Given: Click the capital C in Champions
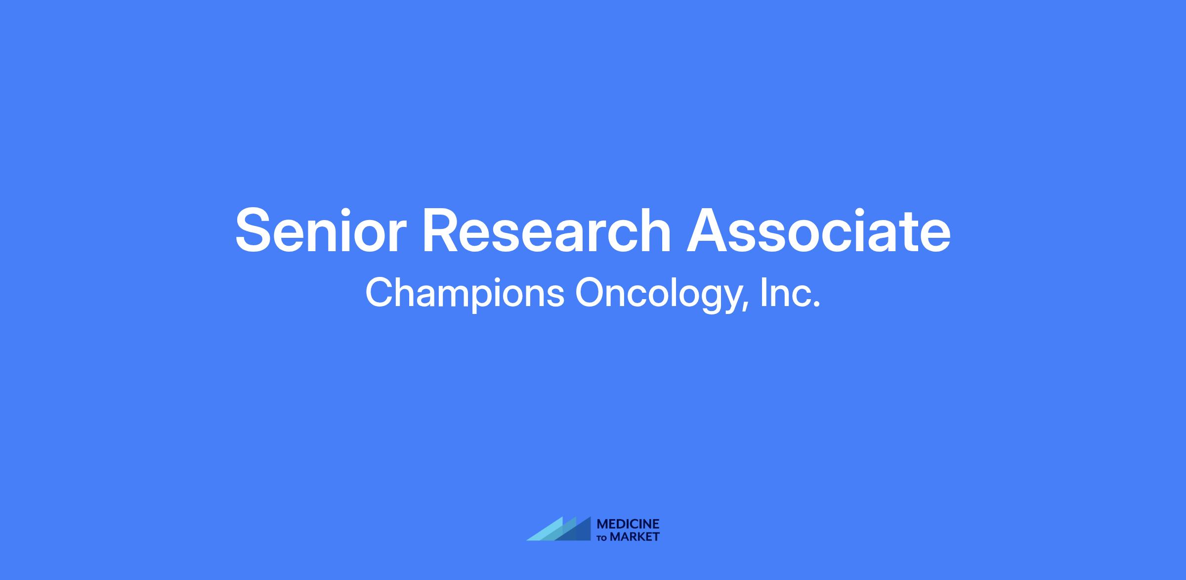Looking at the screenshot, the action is tap(379, 292).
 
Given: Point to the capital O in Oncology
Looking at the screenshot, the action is tap(590, 292).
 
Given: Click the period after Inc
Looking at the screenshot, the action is tap(816, 305).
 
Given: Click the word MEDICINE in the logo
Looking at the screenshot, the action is tap(628, 524).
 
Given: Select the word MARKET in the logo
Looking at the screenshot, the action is tap(635, 536).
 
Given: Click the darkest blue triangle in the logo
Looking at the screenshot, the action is tap(578, 532).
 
